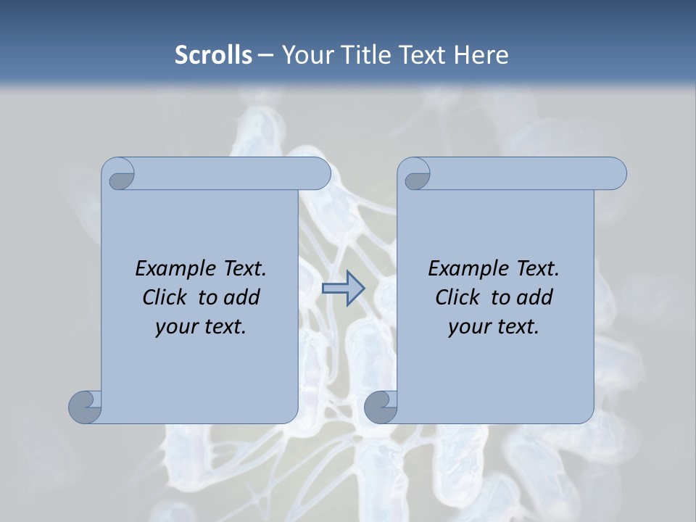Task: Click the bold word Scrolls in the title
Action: (213, 55)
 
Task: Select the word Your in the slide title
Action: (304, 55)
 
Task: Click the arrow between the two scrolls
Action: (342, 288)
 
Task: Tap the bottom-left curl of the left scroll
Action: (86, 407)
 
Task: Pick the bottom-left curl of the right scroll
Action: (381, 407)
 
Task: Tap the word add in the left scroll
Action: (243, 297)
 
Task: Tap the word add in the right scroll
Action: (536, 297)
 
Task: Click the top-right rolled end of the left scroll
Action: (316, 174)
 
